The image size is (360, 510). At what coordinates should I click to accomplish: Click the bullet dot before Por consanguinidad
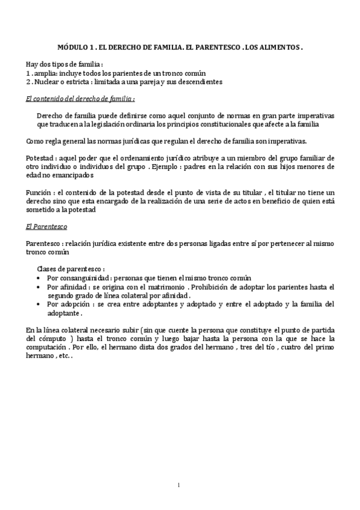tap(39, 278)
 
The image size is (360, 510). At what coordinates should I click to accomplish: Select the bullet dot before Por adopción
tap(39, 304)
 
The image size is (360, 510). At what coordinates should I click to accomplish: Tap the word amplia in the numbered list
tap(44, 72)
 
